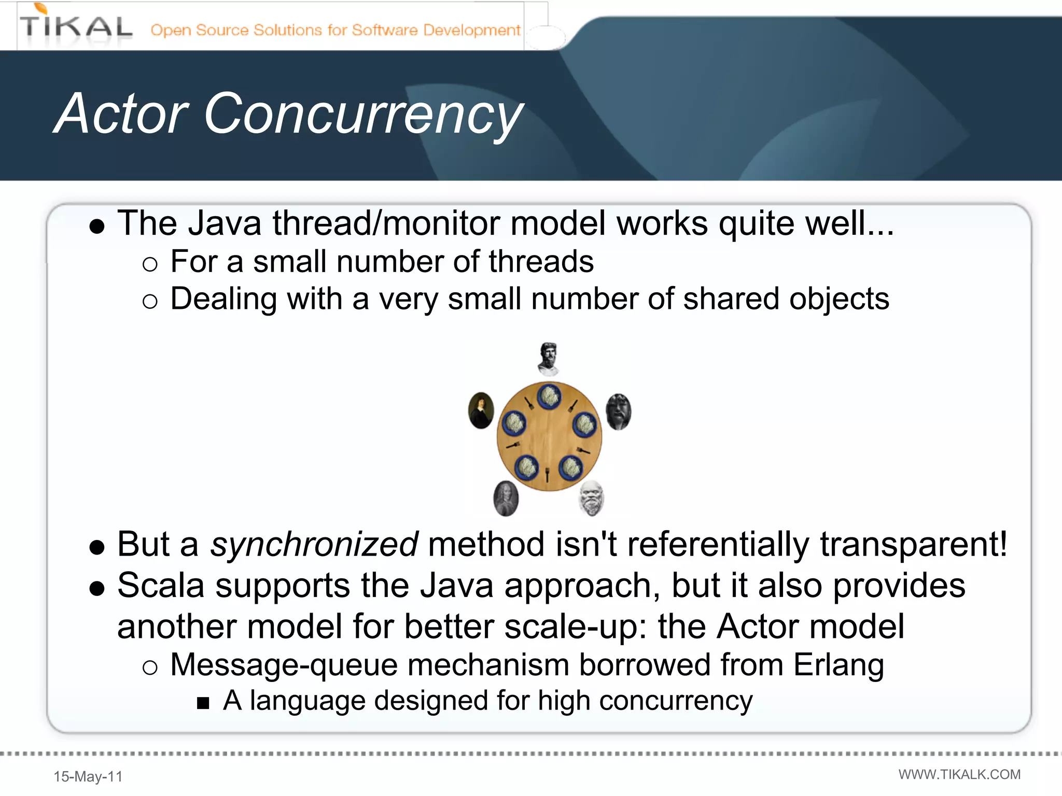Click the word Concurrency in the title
coord(363,114)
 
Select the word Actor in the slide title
coord(121,114)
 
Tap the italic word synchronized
coord(314,545)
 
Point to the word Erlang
coord(839,665)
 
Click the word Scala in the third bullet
coord(161,586)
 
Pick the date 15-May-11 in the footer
coord(88,776)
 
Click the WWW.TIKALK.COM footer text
coord(959,774)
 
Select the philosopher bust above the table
coord(548,359)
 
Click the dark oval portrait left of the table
coord(481,410)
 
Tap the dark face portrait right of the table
coord(618,411)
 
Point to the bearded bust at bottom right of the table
coord(591,498)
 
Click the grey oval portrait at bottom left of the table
coord(506,499)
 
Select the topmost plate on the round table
coord(549,396)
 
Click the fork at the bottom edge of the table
coord(547,474)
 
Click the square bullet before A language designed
coord(203,703)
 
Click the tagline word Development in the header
coord(471,30)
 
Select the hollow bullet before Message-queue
coord(149,667)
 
